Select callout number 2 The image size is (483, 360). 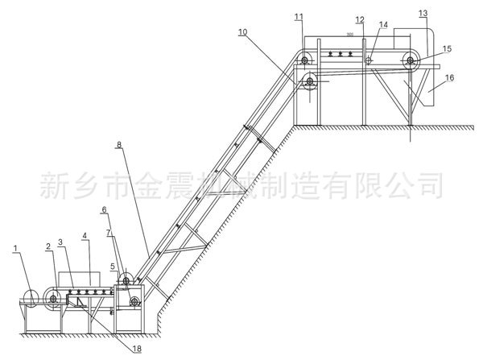tap(48, 246)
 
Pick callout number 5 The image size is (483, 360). tap(114, 266)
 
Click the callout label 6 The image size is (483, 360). tap(105, 210)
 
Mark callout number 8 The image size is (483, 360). tap(118, 145)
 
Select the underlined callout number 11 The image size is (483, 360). tap(299, 17)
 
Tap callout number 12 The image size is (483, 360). tap(360, 19)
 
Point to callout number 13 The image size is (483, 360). tap(423, 13)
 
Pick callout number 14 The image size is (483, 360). tap(384, 26)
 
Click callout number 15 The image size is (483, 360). tap(447, 49)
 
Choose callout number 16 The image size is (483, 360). tap(449, 77)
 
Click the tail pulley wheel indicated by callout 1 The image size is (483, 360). tap(31, 299)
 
